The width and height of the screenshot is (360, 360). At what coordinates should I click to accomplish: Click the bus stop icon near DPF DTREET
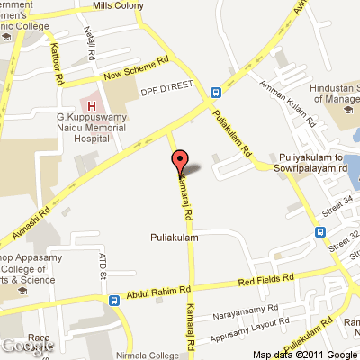[216, 92]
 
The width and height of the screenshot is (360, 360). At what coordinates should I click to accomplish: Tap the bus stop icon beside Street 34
[320, 231]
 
